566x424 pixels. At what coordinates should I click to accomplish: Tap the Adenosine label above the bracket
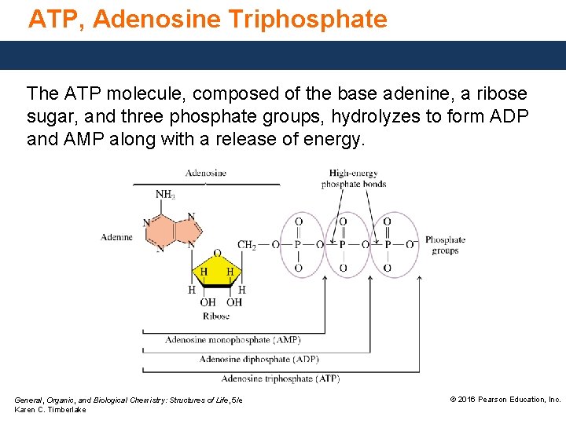206,173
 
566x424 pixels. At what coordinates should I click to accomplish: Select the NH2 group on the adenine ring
165,195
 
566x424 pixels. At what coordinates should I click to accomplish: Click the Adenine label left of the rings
116,236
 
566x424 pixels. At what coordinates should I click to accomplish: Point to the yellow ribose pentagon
217,268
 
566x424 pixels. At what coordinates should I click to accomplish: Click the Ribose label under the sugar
216,316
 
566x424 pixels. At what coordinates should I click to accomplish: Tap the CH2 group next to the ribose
246,245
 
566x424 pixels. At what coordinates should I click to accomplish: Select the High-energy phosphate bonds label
354,179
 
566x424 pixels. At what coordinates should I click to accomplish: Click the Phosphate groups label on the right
445,245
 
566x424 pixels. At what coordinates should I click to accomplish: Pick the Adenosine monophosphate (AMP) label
233,340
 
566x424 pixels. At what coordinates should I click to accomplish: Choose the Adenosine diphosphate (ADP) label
259,359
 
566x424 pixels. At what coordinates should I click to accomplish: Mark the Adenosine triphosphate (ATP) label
281,378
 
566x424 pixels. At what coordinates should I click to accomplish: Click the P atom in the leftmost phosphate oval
298,245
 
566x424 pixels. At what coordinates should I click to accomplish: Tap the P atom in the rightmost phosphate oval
388,245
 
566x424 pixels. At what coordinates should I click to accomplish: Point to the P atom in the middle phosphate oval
343,245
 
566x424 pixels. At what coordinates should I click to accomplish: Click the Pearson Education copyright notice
505,400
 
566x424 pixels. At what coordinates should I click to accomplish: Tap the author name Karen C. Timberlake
50,410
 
